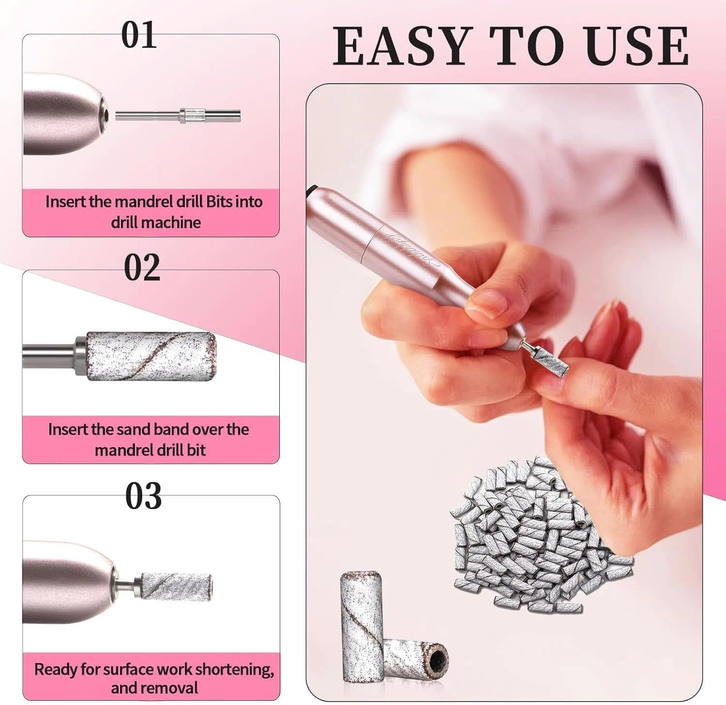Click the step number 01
(x=139, y=35)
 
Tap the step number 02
(x=142, y=268)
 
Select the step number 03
(x=143, y=496)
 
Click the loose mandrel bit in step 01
(x=178, y=116)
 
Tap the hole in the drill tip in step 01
(x=105, y=115)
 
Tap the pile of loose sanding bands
(x=532, y=532)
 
